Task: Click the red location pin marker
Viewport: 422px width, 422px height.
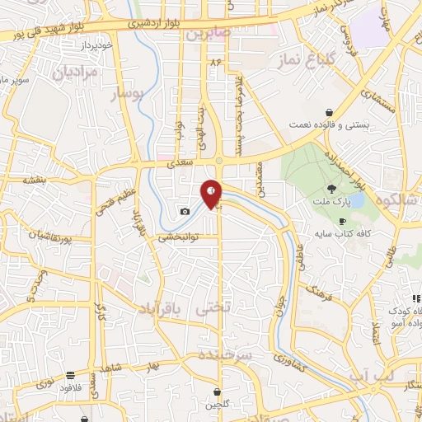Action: [212, 194]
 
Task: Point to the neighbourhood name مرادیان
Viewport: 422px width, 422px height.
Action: [59, 72]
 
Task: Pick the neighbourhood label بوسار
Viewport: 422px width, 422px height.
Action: [129, 95]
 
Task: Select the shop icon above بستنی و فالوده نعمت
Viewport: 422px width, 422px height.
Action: [329, 112]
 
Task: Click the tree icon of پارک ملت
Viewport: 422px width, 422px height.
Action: [331, 189]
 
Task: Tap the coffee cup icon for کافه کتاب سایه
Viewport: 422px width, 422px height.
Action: [343, 221]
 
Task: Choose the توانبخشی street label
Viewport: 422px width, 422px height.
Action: [179, 237]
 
